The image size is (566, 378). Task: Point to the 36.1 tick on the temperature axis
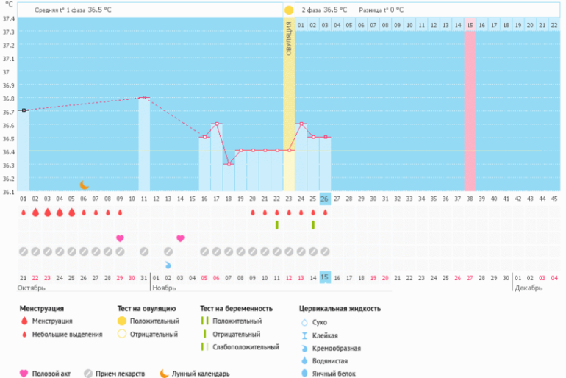(9, 192)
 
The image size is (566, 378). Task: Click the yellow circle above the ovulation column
(289, 10)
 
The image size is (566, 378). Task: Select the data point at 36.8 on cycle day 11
(144, 97)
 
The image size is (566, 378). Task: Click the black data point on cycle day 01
(24, 110)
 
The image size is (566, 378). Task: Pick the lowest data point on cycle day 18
(229, 163)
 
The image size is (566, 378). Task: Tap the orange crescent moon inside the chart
(85, 185)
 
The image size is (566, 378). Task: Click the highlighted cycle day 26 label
(325, 199)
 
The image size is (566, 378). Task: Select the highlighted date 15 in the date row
(325, 277)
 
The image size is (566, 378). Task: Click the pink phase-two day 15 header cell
(469, 25)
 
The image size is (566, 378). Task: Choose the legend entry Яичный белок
(328, 374)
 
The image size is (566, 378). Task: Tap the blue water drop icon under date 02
(168, 264)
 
